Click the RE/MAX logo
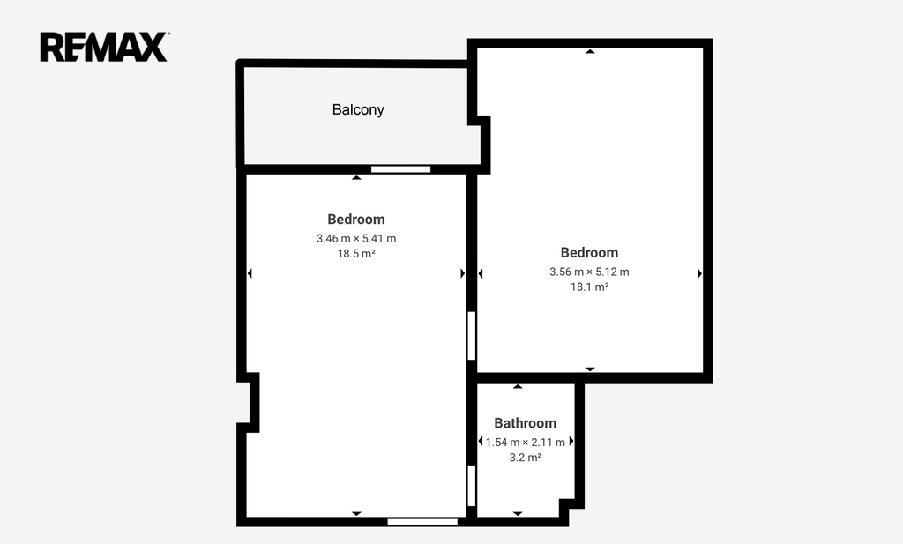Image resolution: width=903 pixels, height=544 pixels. [104, 47]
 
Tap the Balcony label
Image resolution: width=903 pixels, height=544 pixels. [358, 109]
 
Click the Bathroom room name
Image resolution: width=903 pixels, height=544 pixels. [526, 423]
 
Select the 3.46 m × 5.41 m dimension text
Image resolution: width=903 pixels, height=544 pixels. [356, 238]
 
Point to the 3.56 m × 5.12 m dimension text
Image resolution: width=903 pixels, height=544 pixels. [589, 272]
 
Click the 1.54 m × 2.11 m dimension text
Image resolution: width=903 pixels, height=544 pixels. [526, 442]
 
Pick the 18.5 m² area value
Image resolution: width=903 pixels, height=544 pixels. [356, 253]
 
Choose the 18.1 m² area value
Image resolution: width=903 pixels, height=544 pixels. [589, 287]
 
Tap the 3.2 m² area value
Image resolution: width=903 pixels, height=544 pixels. [526, 457]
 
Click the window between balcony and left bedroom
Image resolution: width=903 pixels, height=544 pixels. [401, 169]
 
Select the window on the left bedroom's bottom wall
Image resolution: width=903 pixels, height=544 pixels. [422, 522]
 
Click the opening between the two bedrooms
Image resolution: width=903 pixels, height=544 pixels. [471, 336]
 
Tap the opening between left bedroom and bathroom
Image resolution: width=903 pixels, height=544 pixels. [471, 486]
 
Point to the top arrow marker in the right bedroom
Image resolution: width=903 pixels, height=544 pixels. [590, 52]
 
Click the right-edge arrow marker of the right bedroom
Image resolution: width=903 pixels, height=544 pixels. [699, 273]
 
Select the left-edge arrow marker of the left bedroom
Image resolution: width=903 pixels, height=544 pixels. [250, 273]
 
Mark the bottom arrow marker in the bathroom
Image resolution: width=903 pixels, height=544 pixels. [518, 513]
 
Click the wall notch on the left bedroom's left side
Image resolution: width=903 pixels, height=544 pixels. [249, 402]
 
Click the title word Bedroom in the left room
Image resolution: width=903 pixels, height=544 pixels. [356, 220]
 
